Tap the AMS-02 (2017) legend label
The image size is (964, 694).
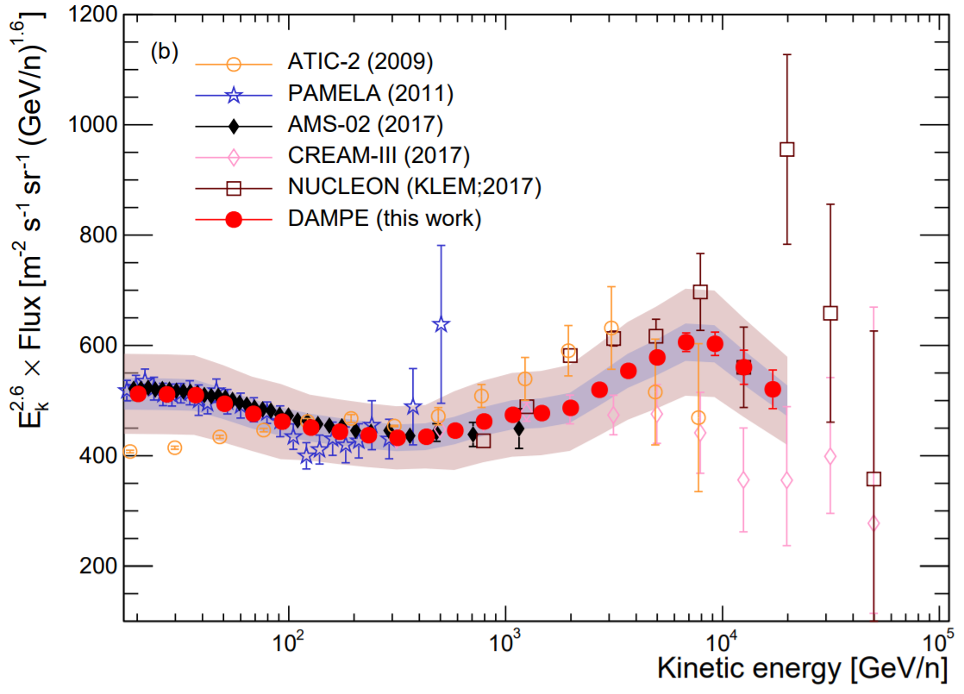pos(365,125)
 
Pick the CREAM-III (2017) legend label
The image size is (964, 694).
pos(378,156)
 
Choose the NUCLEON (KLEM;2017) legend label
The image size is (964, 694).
pos(414,187)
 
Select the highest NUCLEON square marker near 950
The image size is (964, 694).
pos(786,149)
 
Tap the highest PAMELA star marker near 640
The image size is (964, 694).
pos(441,325)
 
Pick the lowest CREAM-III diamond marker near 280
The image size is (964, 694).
pos(873,523)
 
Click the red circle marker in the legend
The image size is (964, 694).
pos(233,219)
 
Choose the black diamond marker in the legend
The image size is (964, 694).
pos(233,125)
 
